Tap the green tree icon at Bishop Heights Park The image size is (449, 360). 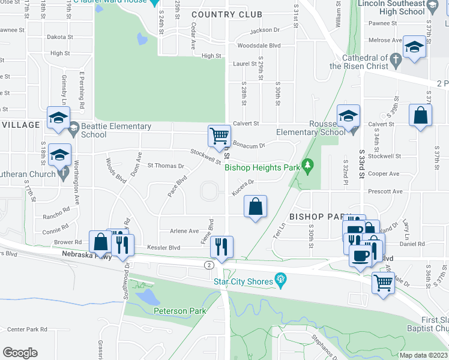(x=307, y=164)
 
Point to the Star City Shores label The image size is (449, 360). (x=243, y=280)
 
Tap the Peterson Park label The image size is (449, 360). (x=179, y=311)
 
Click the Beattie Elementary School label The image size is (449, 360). (x=116, y=130)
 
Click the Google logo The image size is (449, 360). (x=20, y=353)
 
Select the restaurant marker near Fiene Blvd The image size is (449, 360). (x=221, y=246)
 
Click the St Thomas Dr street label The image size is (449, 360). (x=166, y=166)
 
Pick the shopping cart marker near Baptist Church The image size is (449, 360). (x=383, y=283)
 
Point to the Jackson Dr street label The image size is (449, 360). (x=265, y=30)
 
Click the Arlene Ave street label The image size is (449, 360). (x=184, y=231)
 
